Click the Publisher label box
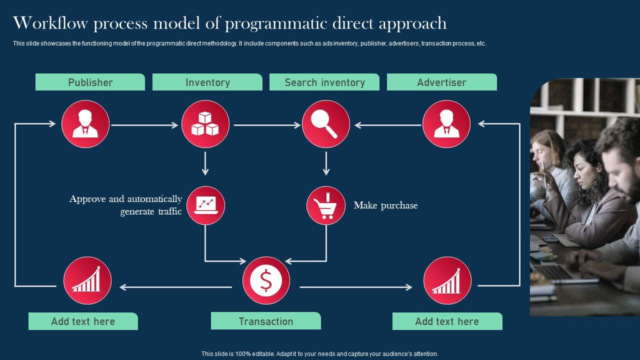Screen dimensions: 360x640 pyautogui.click(x=90, y=82)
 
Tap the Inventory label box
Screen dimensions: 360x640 pyautogui.click(x=207, y=82)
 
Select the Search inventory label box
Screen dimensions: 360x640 pyautogui.click(x=324, y=82)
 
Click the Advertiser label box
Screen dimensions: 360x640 pyautogui.click(x=441, y=82)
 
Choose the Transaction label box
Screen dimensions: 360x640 pyautogui.click(x=265, y=321)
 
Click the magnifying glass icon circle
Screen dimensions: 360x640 pyautogui.click(x=325, y=124)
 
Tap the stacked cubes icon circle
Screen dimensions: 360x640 pyautogui.click(x=205, y=124)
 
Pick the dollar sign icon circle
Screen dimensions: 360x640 pyautogui.click(x=266, y=280)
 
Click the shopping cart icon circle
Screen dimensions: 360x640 pyautogui.click(x=326, y=205)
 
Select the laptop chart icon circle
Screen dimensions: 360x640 pyautogui.click(x=205, y=205)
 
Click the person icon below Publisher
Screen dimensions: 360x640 pyautogui.click(x=85, y=124)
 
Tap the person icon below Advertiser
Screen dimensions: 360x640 pyautogui.click(x=446, y=124)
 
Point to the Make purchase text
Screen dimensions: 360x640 pyautogui.click(x=385, y=205)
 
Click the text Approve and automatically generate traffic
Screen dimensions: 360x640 pyautogui.click(x=126, y=205)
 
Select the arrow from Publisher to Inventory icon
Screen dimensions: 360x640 pyautogui.click(x=144, y=125)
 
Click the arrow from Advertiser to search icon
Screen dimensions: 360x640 pyautogui.click(x=388, y=125)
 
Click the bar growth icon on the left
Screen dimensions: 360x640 pyautogui.click(x=87, y=280)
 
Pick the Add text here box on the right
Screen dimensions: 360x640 pyautogui.click(x=447, y=321)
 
